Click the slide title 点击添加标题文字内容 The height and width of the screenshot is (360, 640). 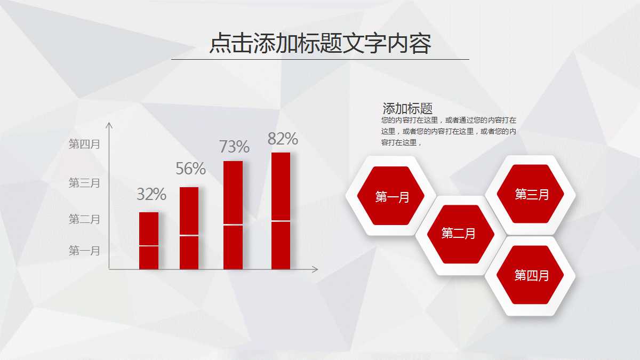click(320, 44)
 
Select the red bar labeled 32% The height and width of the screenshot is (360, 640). click(149, 241)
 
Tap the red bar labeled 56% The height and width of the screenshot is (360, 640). click(189, 228)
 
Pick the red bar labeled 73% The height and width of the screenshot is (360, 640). click(233, 215)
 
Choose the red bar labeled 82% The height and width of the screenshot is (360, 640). click(281, 211)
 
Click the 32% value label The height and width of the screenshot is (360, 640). click(151, 195)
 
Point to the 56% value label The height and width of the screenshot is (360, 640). click(190, 169)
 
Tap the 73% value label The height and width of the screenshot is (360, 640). click(234, 146)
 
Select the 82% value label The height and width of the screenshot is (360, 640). click(283, 139)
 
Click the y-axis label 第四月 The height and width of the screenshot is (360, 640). click(84, 144)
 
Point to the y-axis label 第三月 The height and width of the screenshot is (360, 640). click(84, 183)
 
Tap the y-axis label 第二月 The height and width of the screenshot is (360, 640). click(84, 219)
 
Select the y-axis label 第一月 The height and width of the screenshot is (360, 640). click(84, 251)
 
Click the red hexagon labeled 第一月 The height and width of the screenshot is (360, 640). click(391, 196)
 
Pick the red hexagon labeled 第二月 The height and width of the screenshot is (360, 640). click(458, 233)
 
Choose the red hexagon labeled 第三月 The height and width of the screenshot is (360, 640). click(531, 195)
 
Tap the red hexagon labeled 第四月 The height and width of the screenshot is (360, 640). click(531, 275)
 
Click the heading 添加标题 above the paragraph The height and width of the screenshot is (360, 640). click(407, 108)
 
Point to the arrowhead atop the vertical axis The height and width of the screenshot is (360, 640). click(109, 125)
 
